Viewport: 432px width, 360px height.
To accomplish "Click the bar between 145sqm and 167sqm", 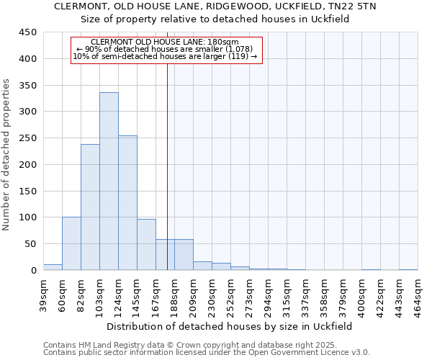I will [x=146, y=245].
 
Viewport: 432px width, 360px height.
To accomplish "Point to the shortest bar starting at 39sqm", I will [x=53, y=267].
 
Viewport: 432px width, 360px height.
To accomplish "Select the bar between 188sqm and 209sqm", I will [x=184, y=255].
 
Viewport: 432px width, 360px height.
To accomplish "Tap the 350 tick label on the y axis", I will [x=27, y=85].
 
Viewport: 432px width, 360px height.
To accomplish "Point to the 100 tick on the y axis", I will [x=27, y=217].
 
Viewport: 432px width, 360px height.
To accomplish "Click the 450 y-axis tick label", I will [x=27, y=32].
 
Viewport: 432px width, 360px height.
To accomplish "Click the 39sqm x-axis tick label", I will [x=43, y=294].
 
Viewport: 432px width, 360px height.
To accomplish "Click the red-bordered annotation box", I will [x=166, y=50].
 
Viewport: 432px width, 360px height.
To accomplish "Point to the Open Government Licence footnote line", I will [x=206, y=353].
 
